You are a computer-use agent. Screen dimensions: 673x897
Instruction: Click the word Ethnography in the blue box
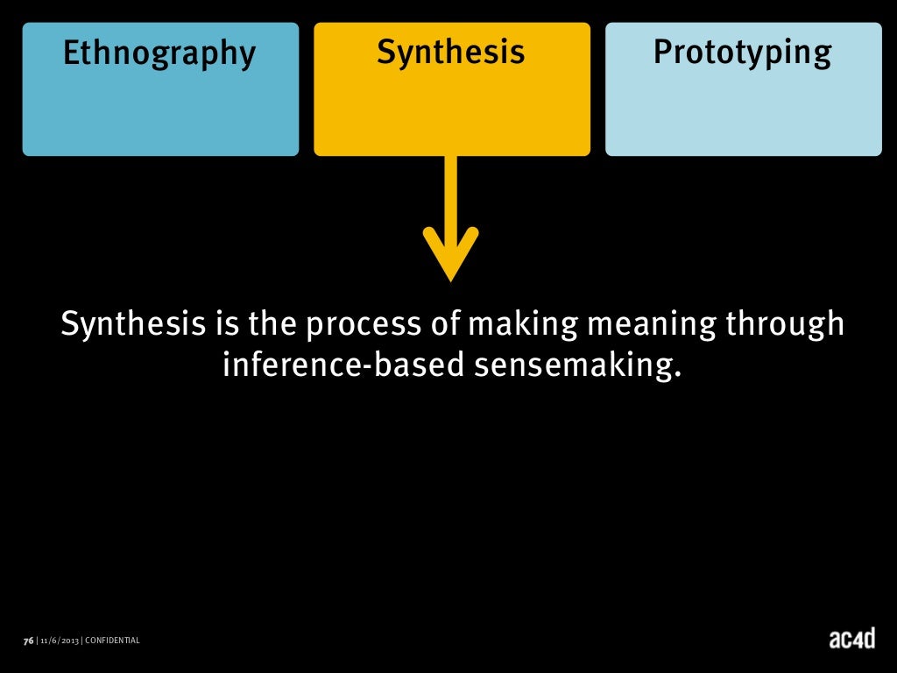click(x=159, y=54)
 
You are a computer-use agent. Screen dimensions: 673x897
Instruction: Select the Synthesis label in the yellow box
click(x=451, y=53)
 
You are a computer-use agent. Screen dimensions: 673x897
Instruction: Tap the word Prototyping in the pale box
click(x=743, y=53)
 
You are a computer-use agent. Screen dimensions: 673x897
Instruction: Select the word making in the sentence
click(x=523, y=326)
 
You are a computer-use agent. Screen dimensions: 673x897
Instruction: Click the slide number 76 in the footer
click(x=28, y=641)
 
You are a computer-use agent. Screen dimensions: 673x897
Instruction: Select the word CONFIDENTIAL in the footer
click(x=112, y=641)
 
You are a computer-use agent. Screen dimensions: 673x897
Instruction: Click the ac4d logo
click(x=851, y=639)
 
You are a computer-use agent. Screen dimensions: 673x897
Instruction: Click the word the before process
click(x=273, y=326)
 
